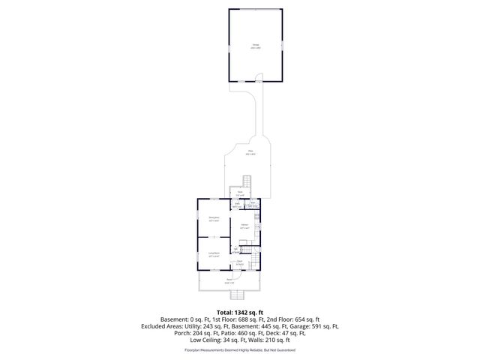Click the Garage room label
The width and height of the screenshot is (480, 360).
(x=256, y=46)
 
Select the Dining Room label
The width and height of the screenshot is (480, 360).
(x=214, y=218)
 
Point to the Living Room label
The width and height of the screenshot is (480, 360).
(x=214, y=254)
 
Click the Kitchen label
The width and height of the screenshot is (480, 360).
(x=244, y=225)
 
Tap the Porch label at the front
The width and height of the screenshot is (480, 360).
(x=229, y=280)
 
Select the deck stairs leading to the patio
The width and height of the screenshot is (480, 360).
(x=247, y=182)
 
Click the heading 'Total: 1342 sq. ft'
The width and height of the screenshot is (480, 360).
(x=240, y=312)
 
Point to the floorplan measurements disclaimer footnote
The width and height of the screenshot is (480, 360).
(x=240, y=349)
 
